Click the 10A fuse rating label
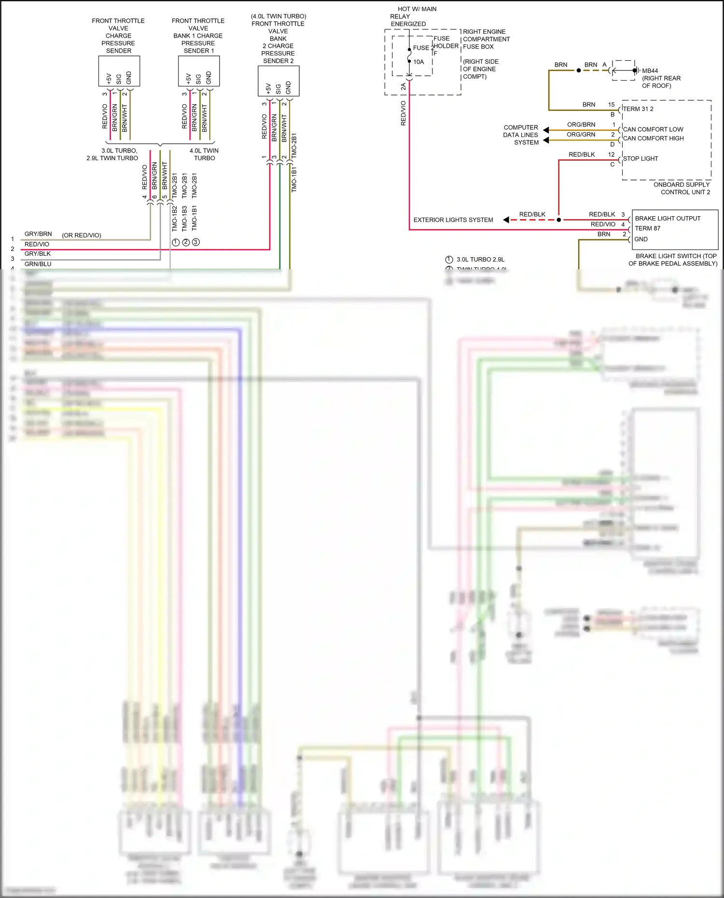click(x=418, y=62)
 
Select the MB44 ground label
click(x=650, y=71)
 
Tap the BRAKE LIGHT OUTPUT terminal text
click(x=668, y=219)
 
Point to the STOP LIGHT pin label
click(x=640, y=159)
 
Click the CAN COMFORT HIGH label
click(x=653, y=138)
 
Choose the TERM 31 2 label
click(x=638, y=109)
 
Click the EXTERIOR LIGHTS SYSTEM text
click(x=453, y=220)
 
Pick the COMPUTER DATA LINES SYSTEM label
click(x=521, y=135)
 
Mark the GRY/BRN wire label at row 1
click(x=38, y=234)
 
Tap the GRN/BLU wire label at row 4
click(x=38, y=264)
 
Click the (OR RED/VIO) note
click(x=82, y=235)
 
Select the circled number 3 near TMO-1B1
click(x=195, y=242)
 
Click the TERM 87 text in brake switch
click(x=647, y=229)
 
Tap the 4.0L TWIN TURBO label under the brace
click(x=204, y=154)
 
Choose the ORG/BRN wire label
click(x=581, y=124)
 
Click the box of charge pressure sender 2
click(x=278, y=81)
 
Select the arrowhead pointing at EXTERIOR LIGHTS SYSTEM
click(x=506, y=220)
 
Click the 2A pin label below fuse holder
click(x=404, y=87)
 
